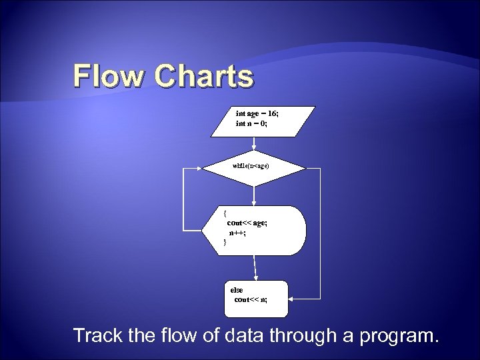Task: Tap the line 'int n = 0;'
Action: coord(251,123)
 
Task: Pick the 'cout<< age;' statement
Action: coord(247,223)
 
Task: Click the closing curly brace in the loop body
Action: coord(225,242)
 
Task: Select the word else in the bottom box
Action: coord(237,290)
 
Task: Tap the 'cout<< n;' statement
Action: coord(251,299)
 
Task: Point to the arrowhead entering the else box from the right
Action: coord(291,298)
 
